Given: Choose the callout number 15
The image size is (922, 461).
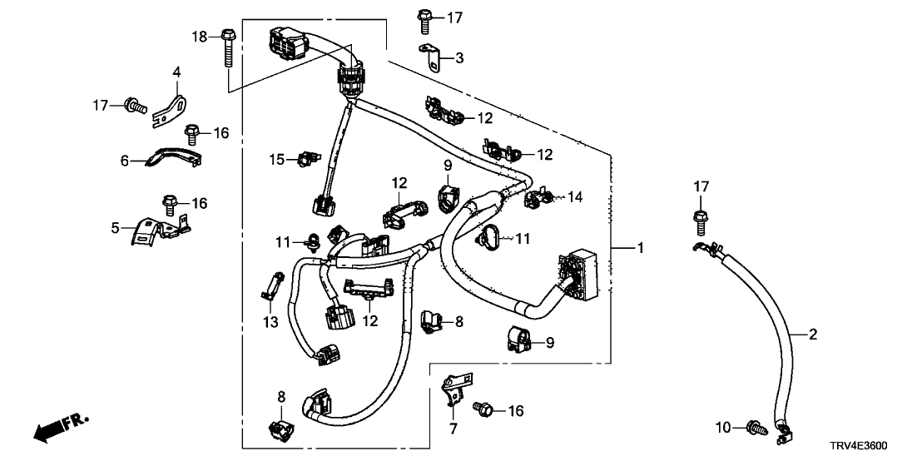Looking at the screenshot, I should pyautogui.click(x=275, y=158).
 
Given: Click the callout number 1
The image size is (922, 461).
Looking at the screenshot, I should pyautogui.click(x=640, y=247).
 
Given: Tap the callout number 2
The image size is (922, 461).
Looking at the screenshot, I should pyautogui.click(x=813, y=335).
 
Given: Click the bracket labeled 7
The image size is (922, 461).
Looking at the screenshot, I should pyautogui.click(x=452, y=384).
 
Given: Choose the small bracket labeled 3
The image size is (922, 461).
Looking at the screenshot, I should pyautogui.click(x=429, y=58).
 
